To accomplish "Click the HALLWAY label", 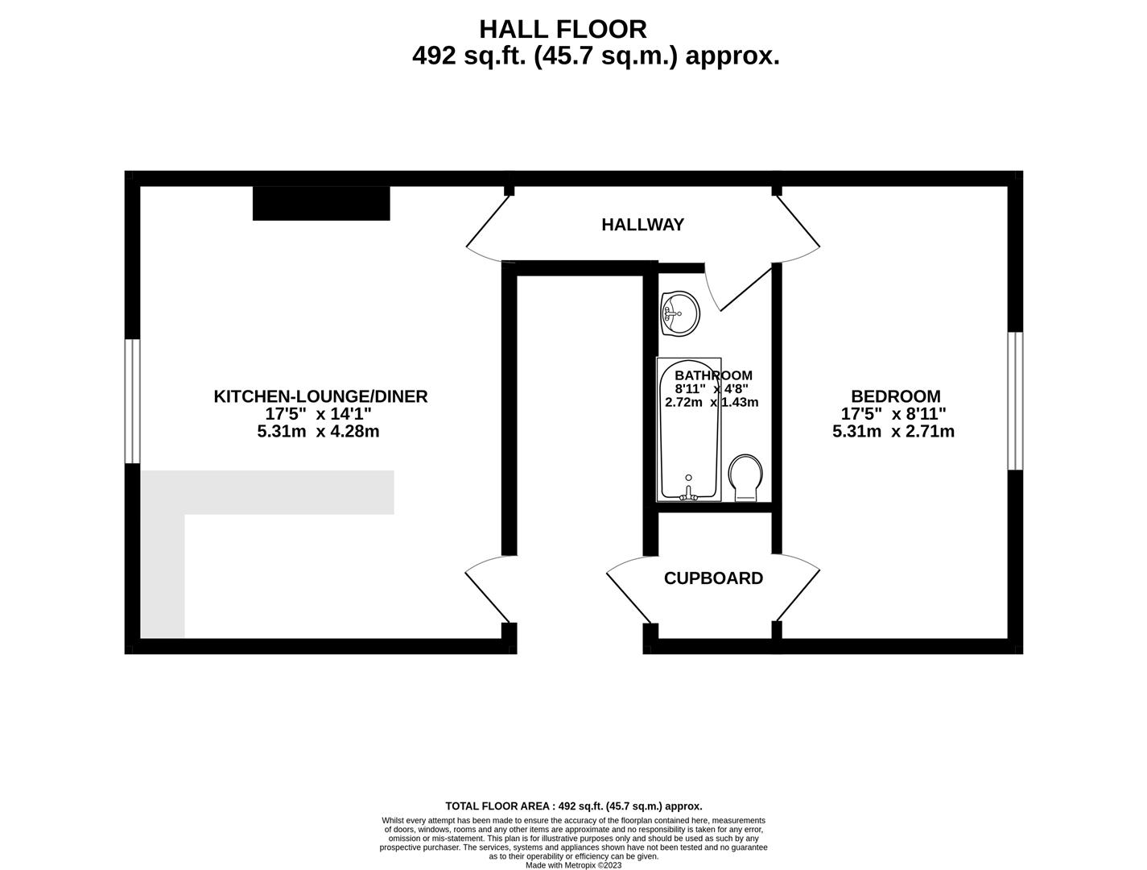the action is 642,224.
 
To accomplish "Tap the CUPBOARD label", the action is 713,578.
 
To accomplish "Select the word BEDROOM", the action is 896,396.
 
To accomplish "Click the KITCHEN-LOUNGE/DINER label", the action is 320,396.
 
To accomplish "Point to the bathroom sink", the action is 679,313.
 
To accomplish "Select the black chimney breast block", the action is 321,203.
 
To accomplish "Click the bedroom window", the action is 1015,401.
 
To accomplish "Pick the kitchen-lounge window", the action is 133,401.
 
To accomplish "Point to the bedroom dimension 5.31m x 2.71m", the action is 893,431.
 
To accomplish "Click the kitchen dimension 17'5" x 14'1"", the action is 318,414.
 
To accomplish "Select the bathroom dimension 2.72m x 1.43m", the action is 712,402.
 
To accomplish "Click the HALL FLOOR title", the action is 563,29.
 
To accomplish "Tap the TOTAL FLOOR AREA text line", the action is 574,806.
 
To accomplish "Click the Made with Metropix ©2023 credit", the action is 574,865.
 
